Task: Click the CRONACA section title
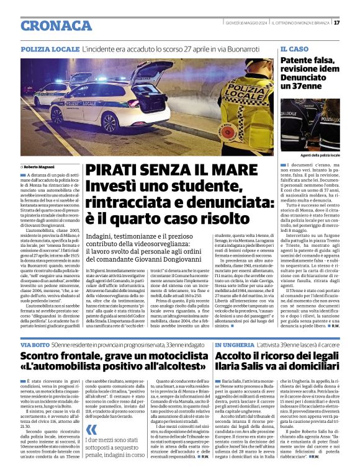tap(57, 25)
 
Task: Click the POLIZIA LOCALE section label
tap(49, 48)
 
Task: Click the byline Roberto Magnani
tap(40, 166)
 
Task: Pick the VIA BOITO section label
tap(34, 344)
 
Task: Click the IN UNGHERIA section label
tap(234, 344)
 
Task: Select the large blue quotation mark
tap(92, 430)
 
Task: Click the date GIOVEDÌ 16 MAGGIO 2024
tap(246, 22)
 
